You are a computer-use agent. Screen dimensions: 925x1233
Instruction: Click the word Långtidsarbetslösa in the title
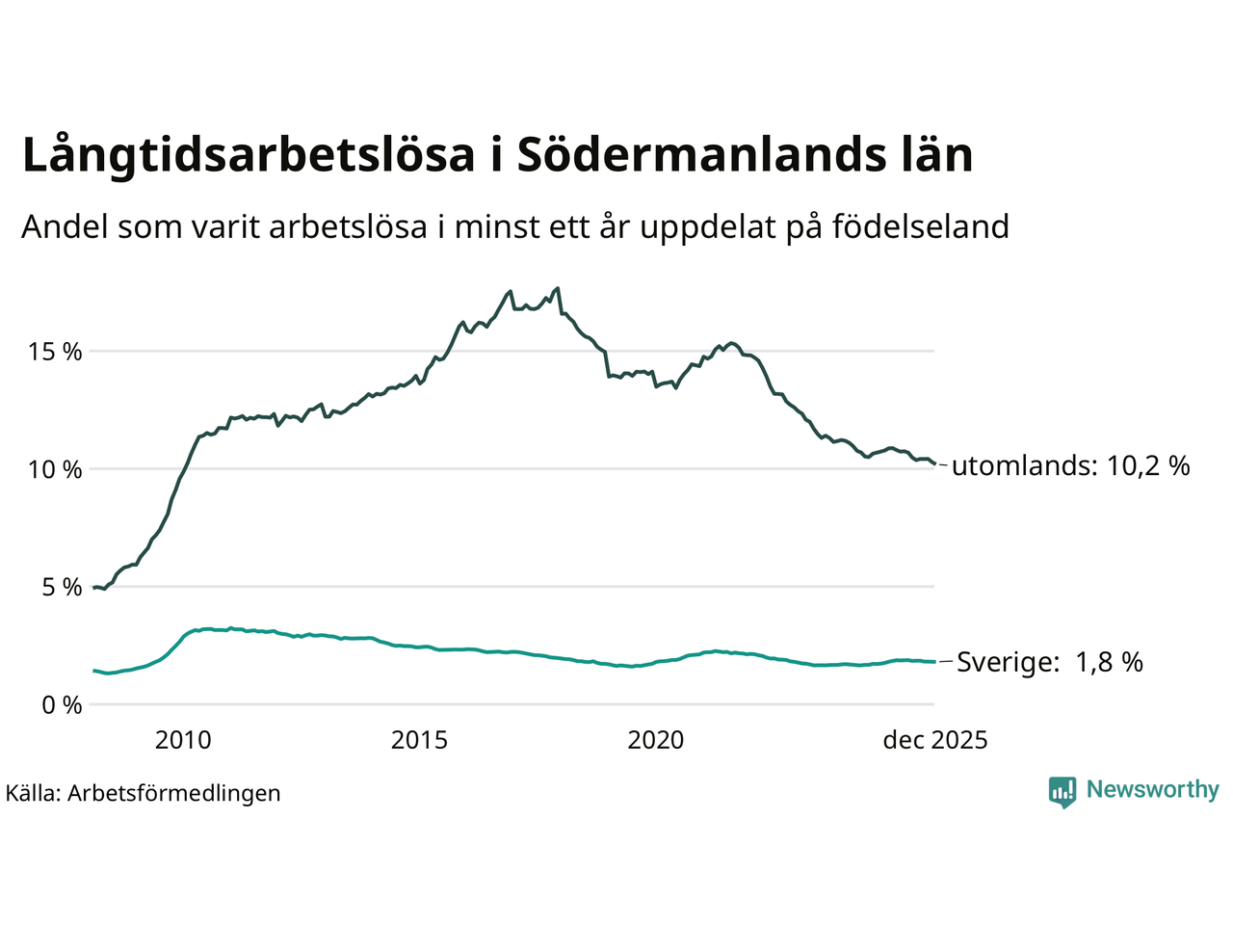tap(249, 156)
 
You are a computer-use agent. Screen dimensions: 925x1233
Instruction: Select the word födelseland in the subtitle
tap(920, 227)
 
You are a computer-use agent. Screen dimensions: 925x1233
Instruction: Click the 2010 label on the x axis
tap(183, 740)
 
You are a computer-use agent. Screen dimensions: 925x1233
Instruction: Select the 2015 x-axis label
tap(419, 740)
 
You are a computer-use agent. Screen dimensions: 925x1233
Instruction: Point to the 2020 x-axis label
tap(656, 740)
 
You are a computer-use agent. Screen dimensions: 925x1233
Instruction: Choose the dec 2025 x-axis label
tap(935, 740)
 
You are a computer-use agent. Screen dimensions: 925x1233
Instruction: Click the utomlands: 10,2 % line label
tap(1070, 466)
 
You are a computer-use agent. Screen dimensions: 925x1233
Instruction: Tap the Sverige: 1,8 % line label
tap(1049, 662)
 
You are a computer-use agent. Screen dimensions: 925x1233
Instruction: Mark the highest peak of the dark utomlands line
tap(557, 288)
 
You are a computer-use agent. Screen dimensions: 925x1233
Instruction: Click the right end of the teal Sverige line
tap(933, 662)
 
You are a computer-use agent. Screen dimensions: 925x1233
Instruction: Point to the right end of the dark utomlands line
tap(933, 464)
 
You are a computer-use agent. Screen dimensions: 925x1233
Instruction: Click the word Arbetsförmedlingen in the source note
tap(173, 794)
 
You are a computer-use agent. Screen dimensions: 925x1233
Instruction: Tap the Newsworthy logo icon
tap(1062, 791)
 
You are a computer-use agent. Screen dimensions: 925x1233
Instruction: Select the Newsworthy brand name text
tap(1152, 790)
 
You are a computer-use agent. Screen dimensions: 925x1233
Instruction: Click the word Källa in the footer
tap(33, 794)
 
